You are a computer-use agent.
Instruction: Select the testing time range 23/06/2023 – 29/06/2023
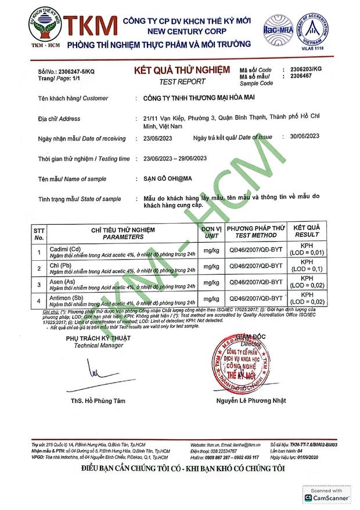175,159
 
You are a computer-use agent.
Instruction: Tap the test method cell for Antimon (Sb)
255,298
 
